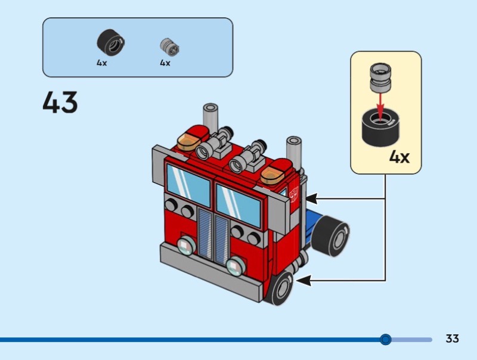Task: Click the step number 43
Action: click(60, 103)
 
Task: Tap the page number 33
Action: click(452, 339)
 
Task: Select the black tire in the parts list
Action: click(111, 43)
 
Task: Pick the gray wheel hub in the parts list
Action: click(169, 46)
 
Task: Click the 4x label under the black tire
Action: click(102, 63)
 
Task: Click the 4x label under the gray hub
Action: click(165, 63)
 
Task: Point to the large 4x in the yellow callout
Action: click(399, 157)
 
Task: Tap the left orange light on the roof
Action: click(188, 142)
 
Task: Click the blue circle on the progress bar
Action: click(386, 340)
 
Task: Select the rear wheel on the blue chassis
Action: click(332, 237)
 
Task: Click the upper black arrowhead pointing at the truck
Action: click(310, 197)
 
